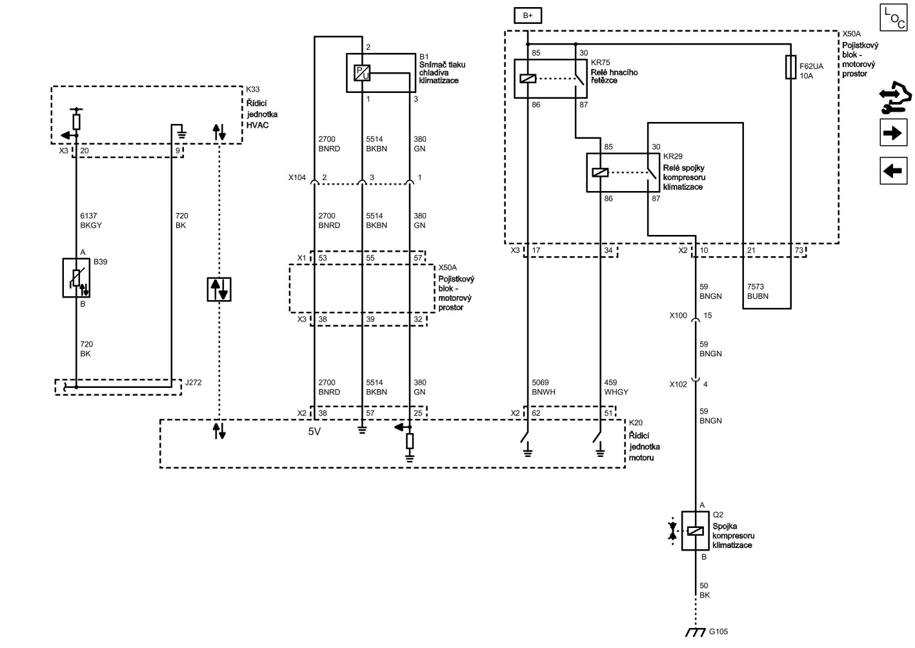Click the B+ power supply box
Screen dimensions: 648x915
coord(527,15)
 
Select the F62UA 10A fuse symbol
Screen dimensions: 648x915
coord(790,67)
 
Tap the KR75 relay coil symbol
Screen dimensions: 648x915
coord(528,79)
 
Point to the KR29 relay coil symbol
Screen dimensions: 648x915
coord(600,172)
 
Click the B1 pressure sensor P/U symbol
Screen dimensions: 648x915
coord(362,73)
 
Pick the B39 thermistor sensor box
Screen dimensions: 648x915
coord(76,278)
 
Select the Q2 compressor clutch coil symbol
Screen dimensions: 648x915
coord(695,531)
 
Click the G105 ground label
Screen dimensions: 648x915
coord(718,632)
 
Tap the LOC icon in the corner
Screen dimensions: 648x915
coord(894,18)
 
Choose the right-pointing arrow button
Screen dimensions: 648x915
coord(894,133)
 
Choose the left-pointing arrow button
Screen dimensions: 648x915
coord(894,171)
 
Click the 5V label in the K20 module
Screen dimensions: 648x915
coord(314,432)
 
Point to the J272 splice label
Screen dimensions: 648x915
coord(194,383)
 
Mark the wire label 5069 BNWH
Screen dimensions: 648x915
coord(543,387)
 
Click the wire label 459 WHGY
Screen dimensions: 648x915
coord(616,387)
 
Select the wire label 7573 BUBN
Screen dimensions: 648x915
coord(758,292)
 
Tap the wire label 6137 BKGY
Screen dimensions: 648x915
coord(91,221)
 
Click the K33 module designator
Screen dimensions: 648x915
coord(253,90)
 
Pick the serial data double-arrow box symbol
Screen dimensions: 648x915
coord(219,289)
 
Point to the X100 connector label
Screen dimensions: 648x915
coord(678,316)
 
